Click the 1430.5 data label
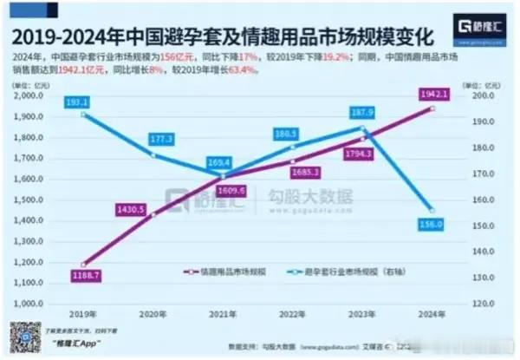(130, 209)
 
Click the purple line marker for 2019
(82, 265)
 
